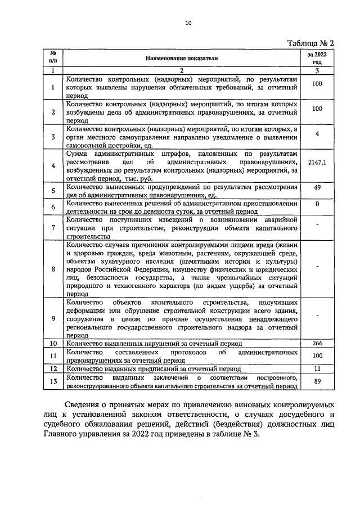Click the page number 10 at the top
(x=188, y=23)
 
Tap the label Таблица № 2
(x=310, y=43)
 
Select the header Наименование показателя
(x=181, y=58)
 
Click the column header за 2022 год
(x=317, y=58)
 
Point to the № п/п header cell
(x=52, y=58)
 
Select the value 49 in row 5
(x=317, y=187)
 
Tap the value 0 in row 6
(x=317, y=204)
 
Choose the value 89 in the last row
(x=317, y=381)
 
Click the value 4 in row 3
(x=317, y=134)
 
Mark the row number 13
(x=52, y=382)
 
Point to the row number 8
(x=52, y=269)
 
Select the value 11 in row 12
(x=317, y=369)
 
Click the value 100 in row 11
(x=317, y=356)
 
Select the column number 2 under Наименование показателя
(x=181, y=71)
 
